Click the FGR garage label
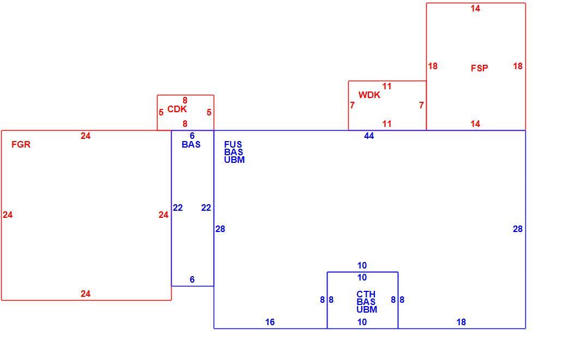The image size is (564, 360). point(21,144)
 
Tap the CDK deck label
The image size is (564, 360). point(177,109)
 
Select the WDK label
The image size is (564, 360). point(369,95)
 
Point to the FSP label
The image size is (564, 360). point(480,68)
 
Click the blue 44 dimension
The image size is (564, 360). point(369,136)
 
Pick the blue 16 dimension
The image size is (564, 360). point(270,322)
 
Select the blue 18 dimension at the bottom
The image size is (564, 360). point(461,322)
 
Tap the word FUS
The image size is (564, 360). point(233,144)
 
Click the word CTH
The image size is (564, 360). point(366,294)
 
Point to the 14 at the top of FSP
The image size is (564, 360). point(475,9)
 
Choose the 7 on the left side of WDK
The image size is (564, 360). point(352,105)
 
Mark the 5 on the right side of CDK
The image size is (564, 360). point(209,113)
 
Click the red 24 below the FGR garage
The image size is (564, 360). point(85,294)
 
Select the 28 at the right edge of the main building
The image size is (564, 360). point(518,229)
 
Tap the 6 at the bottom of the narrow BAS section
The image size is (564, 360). point(192,279)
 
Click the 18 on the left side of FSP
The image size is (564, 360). point(433,66)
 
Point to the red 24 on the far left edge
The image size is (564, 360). point(8,215)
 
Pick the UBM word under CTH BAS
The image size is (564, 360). point(367,309)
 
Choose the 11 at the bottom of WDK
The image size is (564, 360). point(387,124)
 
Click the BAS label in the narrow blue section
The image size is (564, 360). point(191,144)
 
